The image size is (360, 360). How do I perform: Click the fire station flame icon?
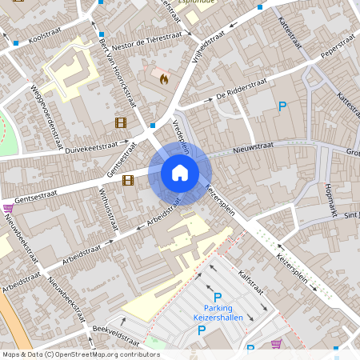165,78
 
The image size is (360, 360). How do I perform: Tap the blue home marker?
180,173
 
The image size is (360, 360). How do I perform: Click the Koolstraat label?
45,38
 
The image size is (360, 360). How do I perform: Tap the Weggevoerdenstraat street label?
46,116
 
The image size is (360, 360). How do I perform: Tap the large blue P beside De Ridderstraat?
282,106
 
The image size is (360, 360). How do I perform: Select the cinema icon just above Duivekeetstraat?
120,122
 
